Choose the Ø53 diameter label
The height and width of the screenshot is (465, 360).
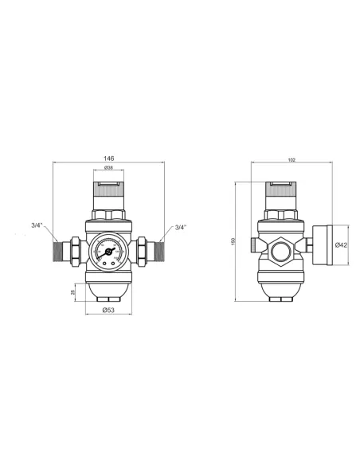click(108, 310)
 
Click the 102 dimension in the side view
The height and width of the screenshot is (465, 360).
click(292, 160)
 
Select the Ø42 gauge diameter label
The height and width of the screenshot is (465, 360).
click(340, 245)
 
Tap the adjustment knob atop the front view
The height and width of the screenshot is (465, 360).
click(108, 193)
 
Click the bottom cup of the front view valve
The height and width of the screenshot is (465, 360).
click(108, 289)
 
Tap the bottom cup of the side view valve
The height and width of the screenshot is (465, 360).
click(279, 288)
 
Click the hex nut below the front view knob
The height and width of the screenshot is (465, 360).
click(108, 215)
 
